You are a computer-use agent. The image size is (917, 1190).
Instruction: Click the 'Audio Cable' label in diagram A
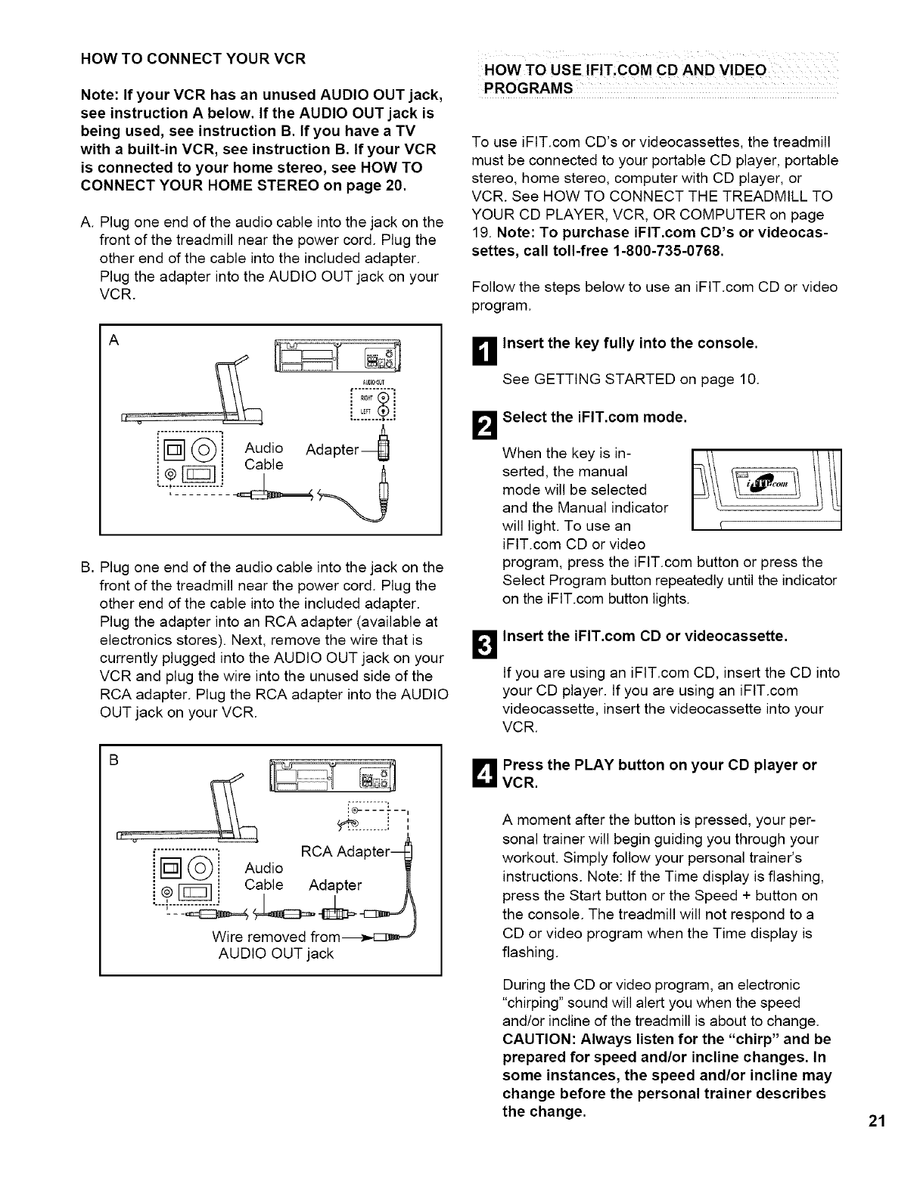pos(264,456)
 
